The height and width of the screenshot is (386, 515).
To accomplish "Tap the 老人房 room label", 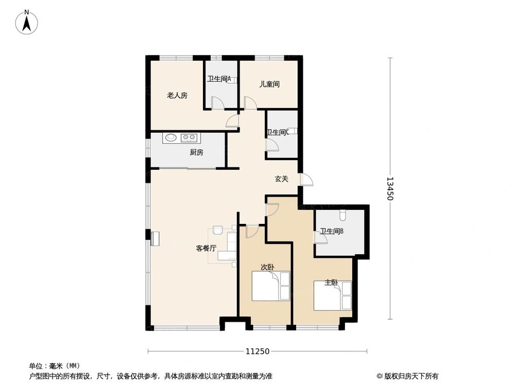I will click(177, 95).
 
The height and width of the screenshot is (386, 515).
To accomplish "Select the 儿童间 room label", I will click(269, 84).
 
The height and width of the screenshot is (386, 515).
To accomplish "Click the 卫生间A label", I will click(219, 79).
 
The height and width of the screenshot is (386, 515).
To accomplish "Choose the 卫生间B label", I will click(332, 232).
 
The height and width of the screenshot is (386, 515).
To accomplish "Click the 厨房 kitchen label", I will click(196, 152).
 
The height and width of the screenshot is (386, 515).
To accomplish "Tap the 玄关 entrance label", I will click(281, 179).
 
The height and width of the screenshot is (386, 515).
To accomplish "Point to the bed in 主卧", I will click(332, 295).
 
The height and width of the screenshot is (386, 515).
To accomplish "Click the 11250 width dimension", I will click(257, 352).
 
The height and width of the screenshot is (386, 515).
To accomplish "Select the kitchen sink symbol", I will click(170, 137).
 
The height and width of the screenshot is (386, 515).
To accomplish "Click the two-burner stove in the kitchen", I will click(188, 137).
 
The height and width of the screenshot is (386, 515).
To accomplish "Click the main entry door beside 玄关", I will click(305, 179).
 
